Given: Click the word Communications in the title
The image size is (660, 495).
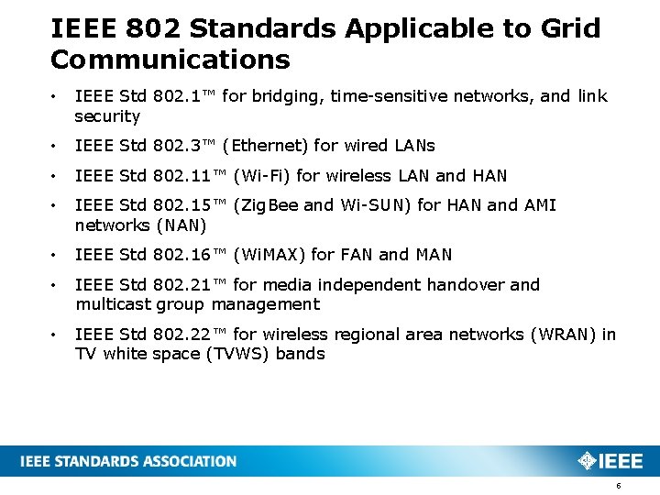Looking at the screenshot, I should point(170,60).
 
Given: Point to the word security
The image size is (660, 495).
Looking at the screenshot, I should point(107,116).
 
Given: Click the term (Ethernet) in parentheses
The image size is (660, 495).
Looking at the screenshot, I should point(266,146).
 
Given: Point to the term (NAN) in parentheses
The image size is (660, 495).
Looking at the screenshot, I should point(181,225).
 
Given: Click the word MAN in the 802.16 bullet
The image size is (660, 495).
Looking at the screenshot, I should point(434,255).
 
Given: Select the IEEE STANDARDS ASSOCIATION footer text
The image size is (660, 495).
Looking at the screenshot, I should point(129,461).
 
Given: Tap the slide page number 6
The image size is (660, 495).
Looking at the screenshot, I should point(618,485).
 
